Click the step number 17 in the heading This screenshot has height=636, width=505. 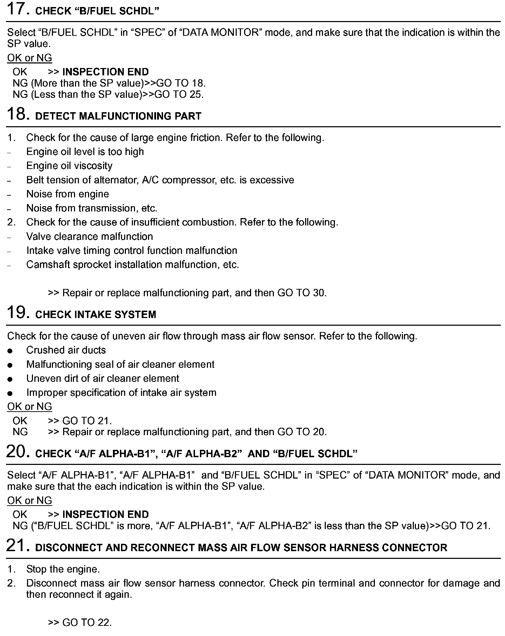pyautogui.click(x=18, y=9)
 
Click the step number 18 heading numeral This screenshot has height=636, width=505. pyautogui.click(x=18, y=114)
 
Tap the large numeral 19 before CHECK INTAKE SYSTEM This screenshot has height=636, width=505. pyautogui.click(x=18, y=313)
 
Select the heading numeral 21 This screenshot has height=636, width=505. pyautogui.click(x=18, y=546)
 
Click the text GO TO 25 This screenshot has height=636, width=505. pyautogui.click(x=179, y=94)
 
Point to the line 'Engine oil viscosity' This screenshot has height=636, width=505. pyautogui.click(x=69, y=166)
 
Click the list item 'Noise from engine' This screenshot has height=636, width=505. pyautogui.click(x=67, y=194)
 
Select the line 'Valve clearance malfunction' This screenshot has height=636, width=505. pyautogui.click(x=89, y=236)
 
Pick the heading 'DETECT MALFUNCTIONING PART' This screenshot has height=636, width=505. pyautogui.click(x=119, y=116)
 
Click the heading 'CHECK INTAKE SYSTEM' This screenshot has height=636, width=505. pyautogui.click(x=96, y=314)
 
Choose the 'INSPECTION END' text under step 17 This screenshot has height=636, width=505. pyautogui.click(x=105, y=72)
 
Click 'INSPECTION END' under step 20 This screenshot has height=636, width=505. pyautogui.click(x=105, y=514)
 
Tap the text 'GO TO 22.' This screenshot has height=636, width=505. pyautogui.click(x=87, y=622)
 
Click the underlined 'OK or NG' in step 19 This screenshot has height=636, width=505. pyautogui.click(x=29, y=407)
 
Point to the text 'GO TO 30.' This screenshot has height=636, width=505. pyautogui.click(x=302, y=293)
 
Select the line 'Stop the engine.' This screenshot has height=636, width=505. pyautogui.click(x=63, y=569)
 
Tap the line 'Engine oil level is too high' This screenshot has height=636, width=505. pyautogui.click(x=85, y=152)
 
